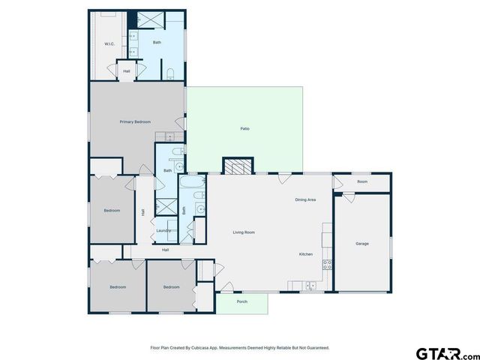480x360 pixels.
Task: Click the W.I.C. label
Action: click(x=108, y=44)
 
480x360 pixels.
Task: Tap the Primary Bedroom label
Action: click(x=135, y=121)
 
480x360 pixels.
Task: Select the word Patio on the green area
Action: click(x=244, y=129)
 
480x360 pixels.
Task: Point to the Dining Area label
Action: click(x=305, y=199)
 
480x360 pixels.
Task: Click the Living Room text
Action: click(x=244, y=232)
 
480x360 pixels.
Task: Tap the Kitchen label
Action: click(x=306, y=254)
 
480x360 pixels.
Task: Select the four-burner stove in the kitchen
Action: click(x=327, y=264)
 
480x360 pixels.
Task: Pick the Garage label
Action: click(x=362, y=244)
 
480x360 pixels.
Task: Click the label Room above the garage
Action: click(x=362, y=181)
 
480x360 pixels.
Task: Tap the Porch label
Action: click(x=242, y=301)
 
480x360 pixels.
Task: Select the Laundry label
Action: click(x=163, y=230)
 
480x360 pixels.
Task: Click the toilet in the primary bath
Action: click(x=170, y=73)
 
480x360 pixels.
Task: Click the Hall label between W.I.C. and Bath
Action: click(x=127, y=71)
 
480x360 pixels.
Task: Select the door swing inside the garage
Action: click(x=346, y=198)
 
